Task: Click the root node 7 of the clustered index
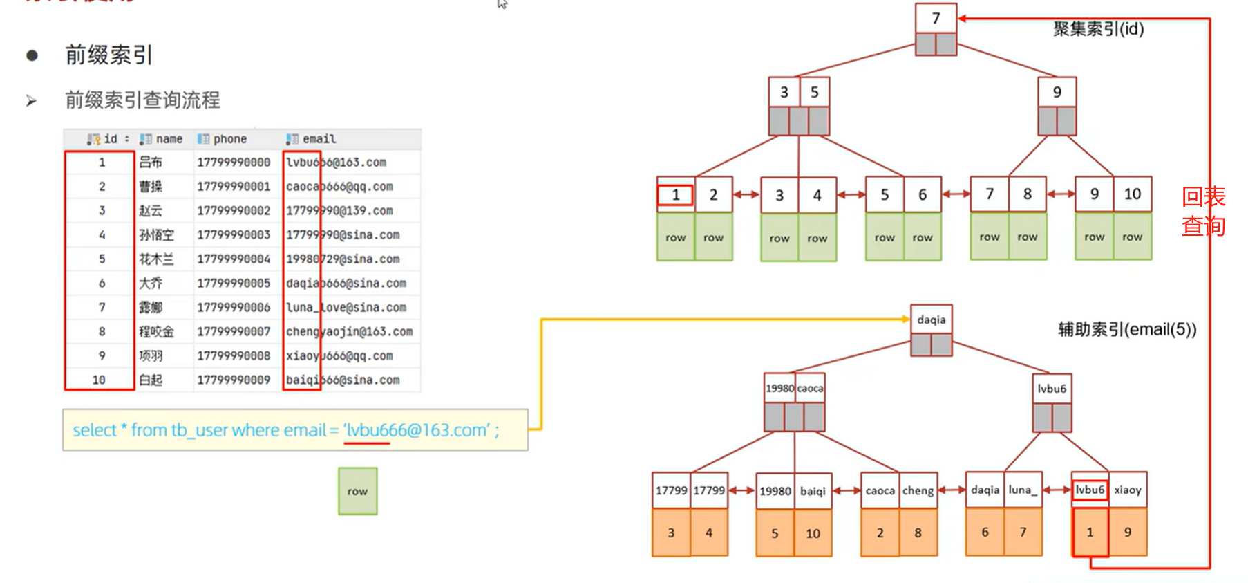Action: tap(936, 19)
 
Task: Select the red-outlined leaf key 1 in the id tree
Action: tap(675, 195)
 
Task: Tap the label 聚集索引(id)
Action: tap(1098, 29)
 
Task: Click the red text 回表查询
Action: tap(1203, 211)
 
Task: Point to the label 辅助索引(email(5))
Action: tap(1127, 329)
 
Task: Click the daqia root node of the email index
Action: tap(931, 320)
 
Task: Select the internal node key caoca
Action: tap(810, 389)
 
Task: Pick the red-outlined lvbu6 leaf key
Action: tap(1090, 490)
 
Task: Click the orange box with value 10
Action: tap(813, 533)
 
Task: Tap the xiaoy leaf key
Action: tap(1128, 490)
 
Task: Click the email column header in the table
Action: tap(319, 139)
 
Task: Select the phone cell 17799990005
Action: tap(234, 283)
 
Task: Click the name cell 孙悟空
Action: tap(156, 234)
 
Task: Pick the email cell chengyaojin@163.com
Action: tap(349, 331)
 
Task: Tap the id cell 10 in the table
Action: tap(99, 380)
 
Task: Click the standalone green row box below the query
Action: tap(357, 491)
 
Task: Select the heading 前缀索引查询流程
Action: tap(142, 100)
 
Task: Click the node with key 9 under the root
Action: tap(1057, 92)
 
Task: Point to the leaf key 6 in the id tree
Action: tap(922, 195)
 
